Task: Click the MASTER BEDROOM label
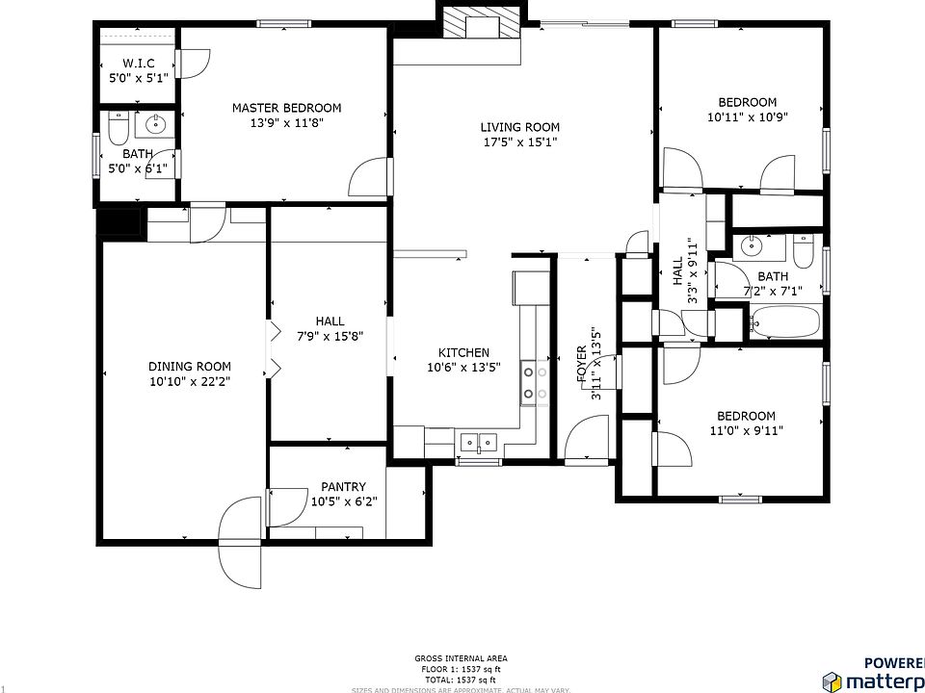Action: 286,108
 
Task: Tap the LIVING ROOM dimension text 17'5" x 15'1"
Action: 520,142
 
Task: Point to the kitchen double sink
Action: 479,443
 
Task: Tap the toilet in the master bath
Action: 118,127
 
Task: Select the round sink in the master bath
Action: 155,124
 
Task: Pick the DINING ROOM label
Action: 190,366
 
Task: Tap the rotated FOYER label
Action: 582,366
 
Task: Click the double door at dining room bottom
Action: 240,545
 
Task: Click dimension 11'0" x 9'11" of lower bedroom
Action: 745,431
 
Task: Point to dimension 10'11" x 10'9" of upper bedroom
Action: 747,117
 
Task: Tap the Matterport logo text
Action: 883,680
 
